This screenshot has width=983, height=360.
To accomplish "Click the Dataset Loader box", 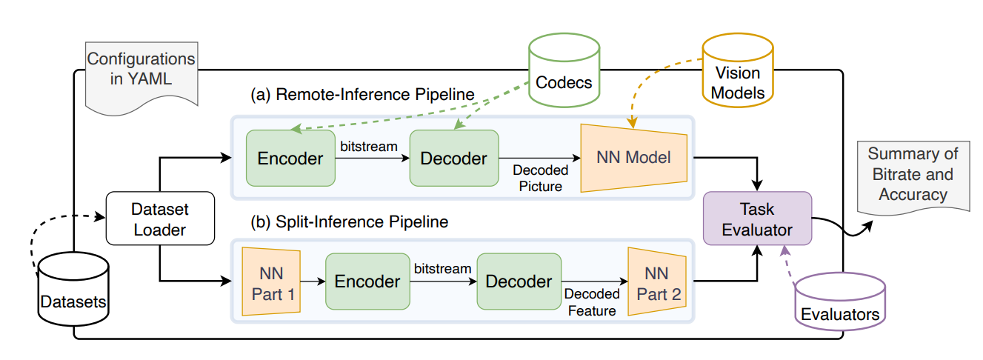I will coord(159,219).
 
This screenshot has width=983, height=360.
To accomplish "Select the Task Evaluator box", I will coord(757,219).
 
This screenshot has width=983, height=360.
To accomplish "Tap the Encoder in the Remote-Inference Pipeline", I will coord(290,158).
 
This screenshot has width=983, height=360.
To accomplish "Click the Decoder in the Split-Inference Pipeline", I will coord(518,281).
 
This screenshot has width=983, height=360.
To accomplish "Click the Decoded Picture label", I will coord(540,178).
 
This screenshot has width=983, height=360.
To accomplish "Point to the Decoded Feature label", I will coord(590,302).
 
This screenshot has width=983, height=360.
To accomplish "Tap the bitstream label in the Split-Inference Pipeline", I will coord(442,268).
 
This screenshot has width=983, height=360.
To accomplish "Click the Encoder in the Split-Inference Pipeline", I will coord(367,281).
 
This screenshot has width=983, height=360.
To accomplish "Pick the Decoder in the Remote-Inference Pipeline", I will coord(453,158).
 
